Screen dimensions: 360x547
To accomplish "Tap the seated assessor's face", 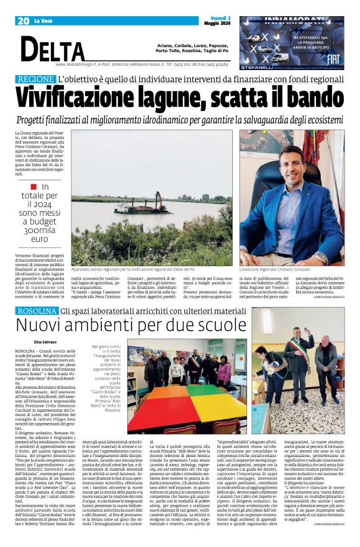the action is (291, 158).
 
